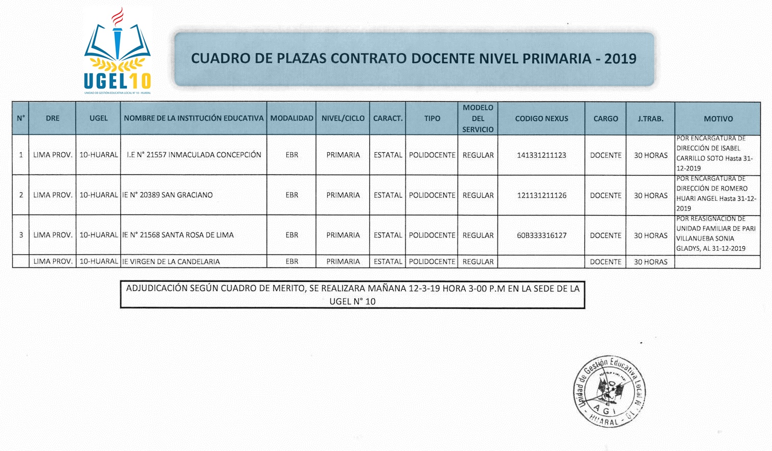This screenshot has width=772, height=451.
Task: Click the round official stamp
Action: tap(609, 391)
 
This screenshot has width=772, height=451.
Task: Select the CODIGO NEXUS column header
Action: tap(541, 118)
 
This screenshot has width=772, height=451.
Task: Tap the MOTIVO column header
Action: tap(718, 118)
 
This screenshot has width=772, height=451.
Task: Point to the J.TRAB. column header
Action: tap(650, 118)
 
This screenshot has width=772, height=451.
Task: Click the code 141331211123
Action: tap(541, 155)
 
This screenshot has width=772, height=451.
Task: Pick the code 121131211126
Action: tap(541, 195)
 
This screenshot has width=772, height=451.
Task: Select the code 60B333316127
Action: tap(541, 235)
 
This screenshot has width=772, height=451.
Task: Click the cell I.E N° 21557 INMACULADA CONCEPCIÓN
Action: tap(194, 155)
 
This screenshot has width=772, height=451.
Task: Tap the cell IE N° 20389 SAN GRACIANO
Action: tap(168, 195)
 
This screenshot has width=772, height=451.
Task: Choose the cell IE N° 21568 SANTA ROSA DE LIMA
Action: tap(178, 235)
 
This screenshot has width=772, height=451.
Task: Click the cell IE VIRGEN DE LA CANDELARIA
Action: tap(171, 262)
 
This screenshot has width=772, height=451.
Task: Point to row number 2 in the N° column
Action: tap(21, 195)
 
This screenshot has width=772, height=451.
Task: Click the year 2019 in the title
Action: tap(620, 59)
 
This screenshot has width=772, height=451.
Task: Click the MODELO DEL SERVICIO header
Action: tap(478, 118)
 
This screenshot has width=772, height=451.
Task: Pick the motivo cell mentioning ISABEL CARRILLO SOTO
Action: tap(717, 153)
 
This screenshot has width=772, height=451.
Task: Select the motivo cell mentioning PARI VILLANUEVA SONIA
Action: tap(717, 234)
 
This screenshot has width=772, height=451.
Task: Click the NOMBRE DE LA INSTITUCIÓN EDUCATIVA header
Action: tap(194, 118)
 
